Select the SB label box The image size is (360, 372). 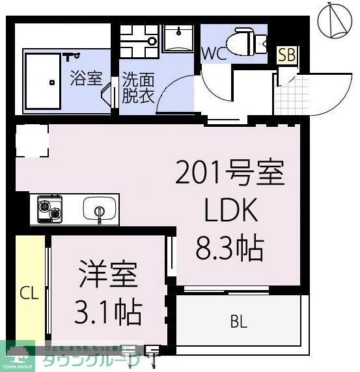pyautogui.click(x=286, y=56)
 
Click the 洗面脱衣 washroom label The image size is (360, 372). pyautogui.click(x=137, y=89)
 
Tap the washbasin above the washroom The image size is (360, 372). pyautogui.click(x=177, y=40)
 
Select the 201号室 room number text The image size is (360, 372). pyautogui.click(x=230, y=175)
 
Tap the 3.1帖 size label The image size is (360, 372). pyautogui.click(x=109, y=313)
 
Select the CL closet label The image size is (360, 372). pyautogui.click(x=29, y=293)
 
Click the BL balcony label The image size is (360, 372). pyautogui.click(x=239, y=321)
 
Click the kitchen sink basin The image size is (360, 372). pyautogui.click(x=100, y=209)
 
